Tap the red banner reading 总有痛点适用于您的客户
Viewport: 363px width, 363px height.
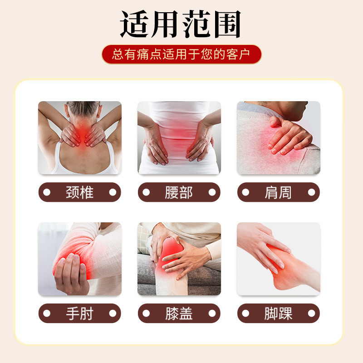pyautogui.click(x=181, y=54)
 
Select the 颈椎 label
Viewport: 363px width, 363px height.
pyautogui.click(x=79, y=192)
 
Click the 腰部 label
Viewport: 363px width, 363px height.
pyautogui.click(x=179, y=192)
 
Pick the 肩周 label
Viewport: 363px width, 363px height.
pyautogui.click(x=279, y=192)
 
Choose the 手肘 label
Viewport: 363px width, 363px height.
pyautogui.click(x=79, y=313)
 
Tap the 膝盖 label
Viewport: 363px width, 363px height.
pyautogui.click(x=179, y=313)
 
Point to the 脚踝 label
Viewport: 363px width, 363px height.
pyautogui.click(x=279, y=313)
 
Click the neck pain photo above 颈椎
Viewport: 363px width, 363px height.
pyautogui.click(x=79, y=137)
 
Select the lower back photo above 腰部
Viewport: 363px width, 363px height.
pyautogui.click(x=179, y=137)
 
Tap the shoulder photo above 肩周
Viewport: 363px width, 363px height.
pyautogui.click(x=279, y=137)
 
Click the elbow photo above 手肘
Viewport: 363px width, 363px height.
pyautogui.click(x=79, y=259)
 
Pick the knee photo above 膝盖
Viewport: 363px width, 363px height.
pyautogui.click(x=179, y=259)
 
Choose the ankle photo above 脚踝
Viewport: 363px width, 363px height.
pyautogui.click(x=279, y=259)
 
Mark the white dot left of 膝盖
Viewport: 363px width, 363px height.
pyautogui.click(x=146, y=313)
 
